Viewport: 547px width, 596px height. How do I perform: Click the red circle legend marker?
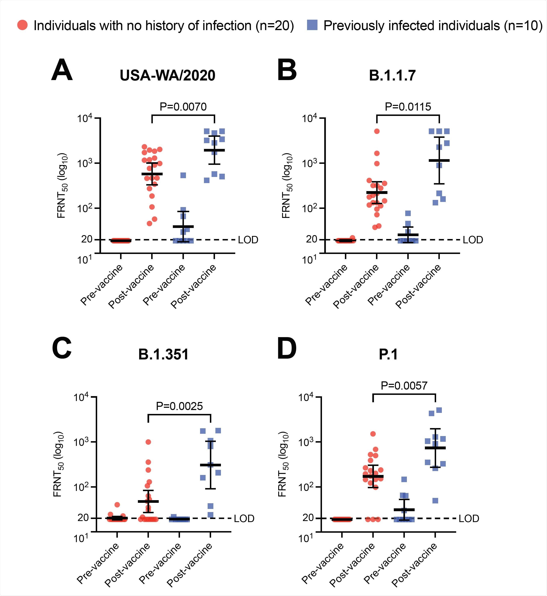(23, 25)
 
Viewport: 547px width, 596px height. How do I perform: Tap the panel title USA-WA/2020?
(167, 76)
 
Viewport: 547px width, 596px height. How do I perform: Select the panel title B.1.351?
(163, 354)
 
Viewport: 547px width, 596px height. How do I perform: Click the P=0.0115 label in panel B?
(408, 107)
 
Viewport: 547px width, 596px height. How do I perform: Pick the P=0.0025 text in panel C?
(179, 406)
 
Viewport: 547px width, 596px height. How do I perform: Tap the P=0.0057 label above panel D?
(404, 386)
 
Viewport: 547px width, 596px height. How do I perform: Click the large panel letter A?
(62, 70)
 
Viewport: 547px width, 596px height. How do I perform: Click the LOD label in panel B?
(473, 240)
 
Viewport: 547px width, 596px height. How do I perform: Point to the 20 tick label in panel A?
(87, 239)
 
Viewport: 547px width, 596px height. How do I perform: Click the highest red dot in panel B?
(377, 131)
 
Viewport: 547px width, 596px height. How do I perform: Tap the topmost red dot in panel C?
(148, 442)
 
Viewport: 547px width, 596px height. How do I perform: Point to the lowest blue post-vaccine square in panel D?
(435, 501)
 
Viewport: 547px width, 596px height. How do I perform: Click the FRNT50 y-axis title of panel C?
(58, 465)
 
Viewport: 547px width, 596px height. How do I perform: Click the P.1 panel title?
(388, 354)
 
